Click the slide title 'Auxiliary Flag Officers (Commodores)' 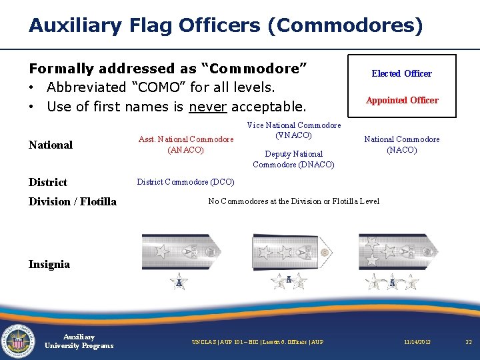[225, 26]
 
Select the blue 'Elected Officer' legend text [401, 73]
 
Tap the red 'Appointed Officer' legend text [401, 100]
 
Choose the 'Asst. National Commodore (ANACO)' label [186, 145]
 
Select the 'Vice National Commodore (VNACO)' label [293, 130]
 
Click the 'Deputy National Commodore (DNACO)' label [293, 159]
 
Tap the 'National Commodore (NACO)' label [401, 145]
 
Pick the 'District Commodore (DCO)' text [185, 182]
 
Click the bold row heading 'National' [51, 145]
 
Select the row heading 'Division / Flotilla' [72, 201]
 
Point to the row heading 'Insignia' [49, 264]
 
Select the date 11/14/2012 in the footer [417, 342]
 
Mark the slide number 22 [468, 342]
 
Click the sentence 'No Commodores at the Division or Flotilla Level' [293, 201]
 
